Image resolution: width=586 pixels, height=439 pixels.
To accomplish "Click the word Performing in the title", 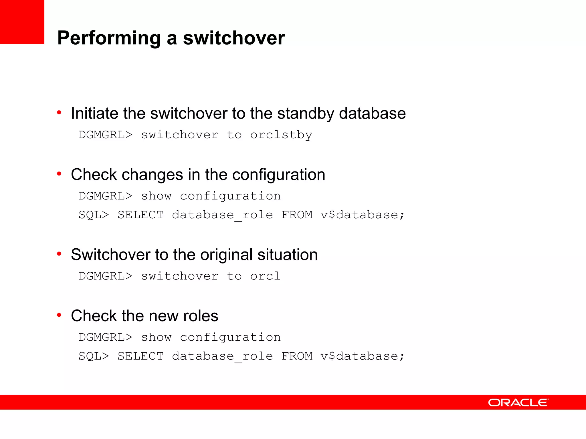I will tap(109, 38).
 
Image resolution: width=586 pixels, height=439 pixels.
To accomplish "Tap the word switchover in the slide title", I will tap(234, 38).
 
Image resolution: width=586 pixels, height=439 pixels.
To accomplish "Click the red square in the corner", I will tap(22, 22).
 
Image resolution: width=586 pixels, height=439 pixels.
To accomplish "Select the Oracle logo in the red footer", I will tap(518, 402).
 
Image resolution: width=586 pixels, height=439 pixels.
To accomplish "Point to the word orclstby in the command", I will tap(281, 135).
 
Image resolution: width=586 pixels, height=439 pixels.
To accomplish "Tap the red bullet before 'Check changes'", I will tap(59, 174).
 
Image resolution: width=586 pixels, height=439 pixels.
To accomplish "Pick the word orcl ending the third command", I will tap(265, 276).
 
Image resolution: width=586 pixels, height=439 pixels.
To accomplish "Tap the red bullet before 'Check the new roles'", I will tap(59, 315).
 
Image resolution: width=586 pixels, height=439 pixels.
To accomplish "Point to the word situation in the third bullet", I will tap(287, 255).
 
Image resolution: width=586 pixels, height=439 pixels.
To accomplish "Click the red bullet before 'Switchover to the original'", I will tap(59, 254).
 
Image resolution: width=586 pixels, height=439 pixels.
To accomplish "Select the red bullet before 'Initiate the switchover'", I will tap(59, 113).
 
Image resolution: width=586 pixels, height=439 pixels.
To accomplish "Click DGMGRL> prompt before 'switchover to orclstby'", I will tap(105, 135).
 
